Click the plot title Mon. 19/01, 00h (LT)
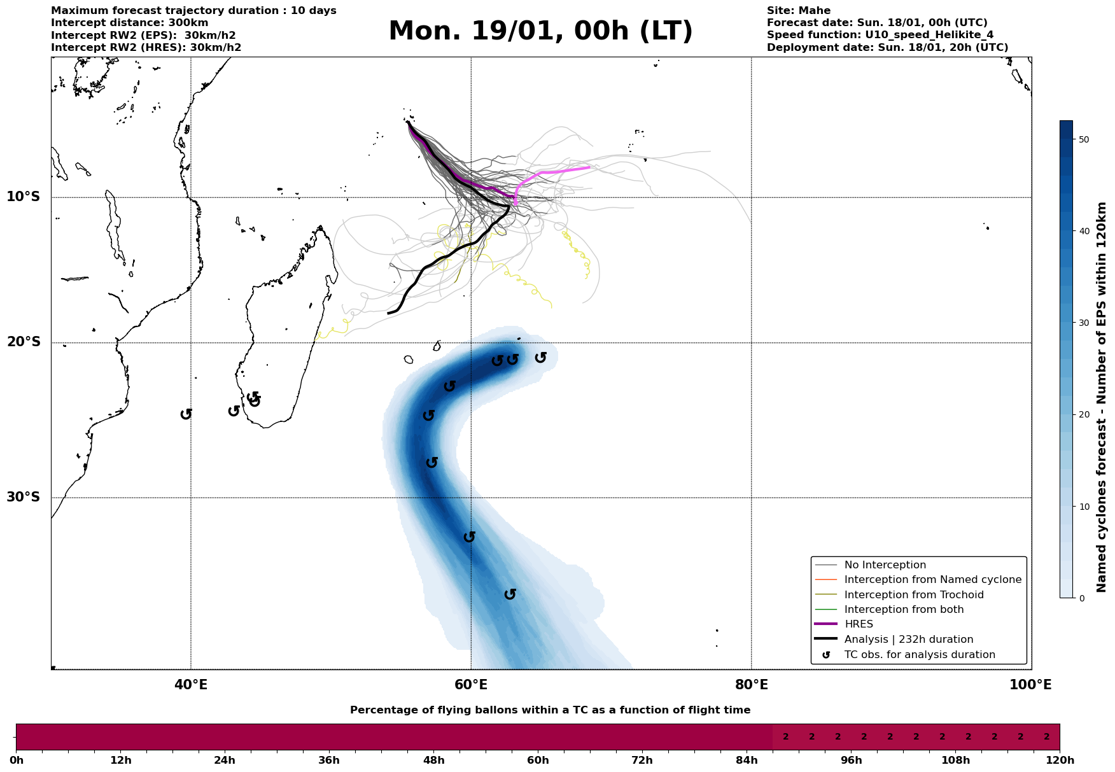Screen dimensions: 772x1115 coord(540,31)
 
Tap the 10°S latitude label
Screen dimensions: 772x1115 coord(24,197)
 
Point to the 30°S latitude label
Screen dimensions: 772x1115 coord(24,497)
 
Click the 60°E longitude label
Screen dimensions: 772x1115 coord(471,685)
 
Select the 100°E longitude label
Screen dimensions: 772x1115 coord(1030,685)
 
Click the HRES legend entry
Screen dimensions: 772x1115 coord(859,624)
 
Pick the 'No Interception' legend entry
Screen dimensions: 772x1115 coord(885,565)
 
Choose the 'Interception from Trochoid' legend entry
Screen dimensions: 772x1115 coord(913,595)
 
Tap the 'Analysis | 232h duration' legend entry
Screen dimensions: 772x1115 coord(908,640)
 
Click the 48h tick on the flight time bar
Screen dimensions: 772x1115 coord(433,761)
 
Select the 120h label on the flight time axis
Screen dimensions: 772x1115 coord(1060,761)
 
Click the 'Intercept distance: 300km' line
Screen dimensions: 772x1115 coord(129,23)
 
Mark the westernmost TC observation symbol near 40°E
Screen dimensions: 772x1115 coord(186,414)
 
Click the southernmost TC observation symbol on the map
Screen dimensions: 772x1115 coord(510,594)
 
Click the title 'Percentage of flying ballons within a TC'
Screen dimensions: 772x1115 coord(550,710)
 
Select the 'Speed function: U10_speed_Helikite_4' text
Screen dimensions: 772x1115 coord(880,35)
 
